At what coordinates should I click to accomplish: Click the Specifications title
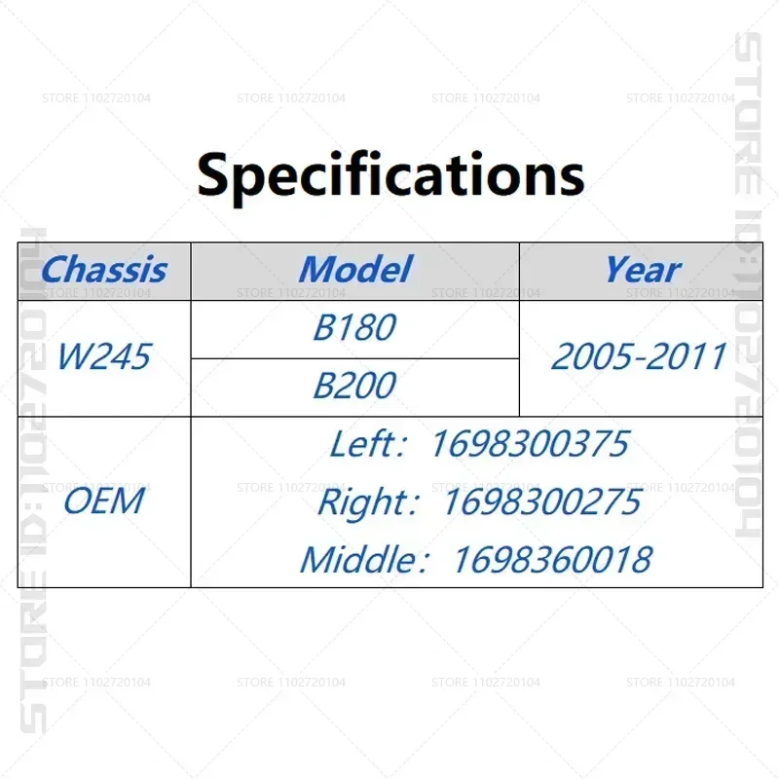point(390,176)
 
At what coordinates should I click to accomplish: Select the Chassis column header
point(104,270)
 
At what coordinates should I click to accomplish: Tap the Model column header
point(355,270)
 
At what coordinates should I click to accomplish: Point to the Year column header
point(643,270)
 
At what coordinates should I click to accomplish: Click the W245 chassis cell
point(104,356)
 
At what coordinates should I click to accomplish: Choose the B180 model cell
point(354,328)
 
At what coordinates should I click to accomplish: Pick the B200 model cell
point(354,386)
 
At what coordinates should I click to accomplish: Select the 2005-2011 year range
point(640,356)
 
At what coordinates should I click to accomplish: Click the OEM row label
point(104,501)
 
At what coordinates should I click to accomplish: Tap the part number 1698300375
point(531,444)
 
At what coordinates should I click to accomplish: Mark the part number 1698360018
point(553,560)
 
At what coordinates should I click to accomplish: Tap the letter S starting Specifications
point(212,174)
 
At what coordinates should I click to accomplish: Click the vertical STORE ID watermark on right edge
point(748,284)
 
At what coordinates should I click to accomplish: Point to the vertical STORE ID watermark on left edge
point(34,480)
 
